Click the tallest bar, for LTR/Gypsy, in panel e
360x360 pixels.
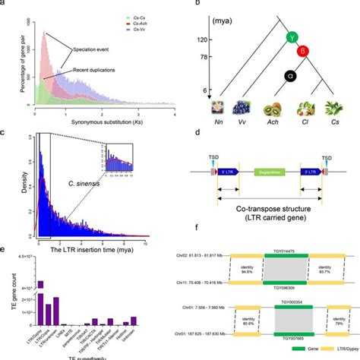(x=41, y=287)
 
